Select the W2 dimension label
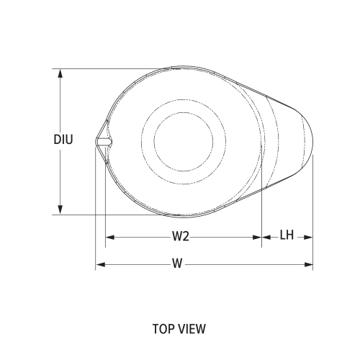pos(180,236)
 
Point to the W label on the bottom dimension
pos(176,264)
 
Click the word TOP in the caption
pos(163,329)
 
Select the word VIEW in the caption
pos(192,329)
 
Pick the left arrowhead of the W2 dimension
pos(109,236)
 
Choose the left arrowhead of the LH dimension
pos(265,236)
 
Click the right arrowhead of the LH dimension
pos(309,236)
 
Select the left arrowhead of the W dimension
pos(100,265)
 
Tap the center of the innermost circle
pos(180,140)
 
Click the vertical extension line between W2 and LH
pos(261,216)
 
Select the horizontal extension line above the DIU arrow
pos(108,69)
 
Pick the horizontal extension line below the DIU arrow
pos(108,214)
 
